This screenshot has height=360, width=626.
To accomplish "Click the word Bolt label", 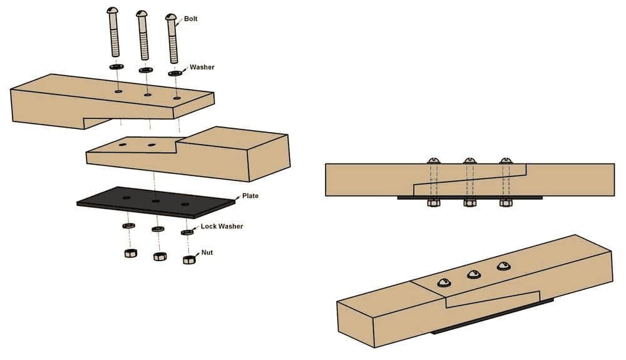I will tap(191, 19).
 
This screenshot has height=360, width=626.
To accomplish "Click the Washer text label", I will tap(202, 67).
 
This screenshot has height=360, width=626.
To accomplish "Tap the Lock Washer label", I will tap(222, 226).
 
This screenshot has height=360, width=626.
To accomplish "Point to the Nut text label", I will tap(207, 253).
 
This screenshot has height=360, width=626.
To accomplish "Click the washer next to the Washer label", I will tap(175, 73).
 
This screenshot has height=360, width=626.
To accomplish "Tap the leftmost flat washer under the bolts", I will tap(116, 66).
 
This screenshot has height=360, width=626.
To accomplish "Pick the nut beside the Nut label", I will tap(189, 259).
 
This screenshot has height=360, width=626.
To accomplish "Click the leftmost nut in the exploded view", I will tap(130, 253).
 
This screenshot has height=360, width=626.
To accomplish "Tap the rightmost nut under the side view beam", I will tap(506, 202).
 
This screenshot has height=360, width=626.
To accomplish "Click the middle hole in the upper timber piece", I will tap(148, 95).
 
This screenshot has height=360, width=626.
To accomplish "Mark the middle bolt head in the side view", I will tap(470, 160).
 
